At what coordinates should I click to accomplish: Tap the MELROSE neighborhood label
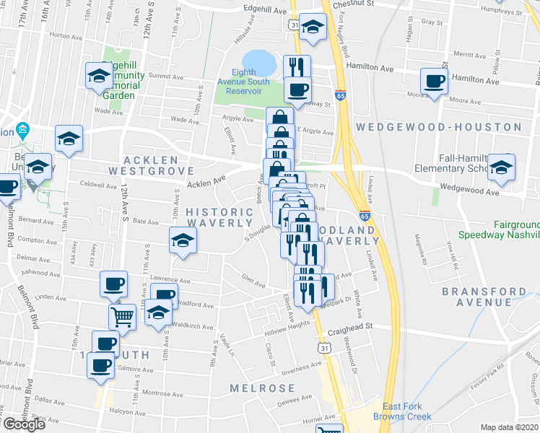point(262,388)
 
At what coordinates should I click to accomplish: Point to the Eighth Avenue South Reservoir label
point(251,82)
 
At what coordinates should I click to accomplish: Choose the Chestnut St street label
point(358,4)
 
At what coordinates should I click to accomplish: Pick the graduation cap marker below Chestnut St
point(312,27)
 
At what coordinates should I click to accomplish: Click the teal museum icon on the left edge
point(22,131)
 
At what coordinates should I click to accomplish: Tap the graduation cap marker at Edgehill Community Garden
point(99,75)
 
